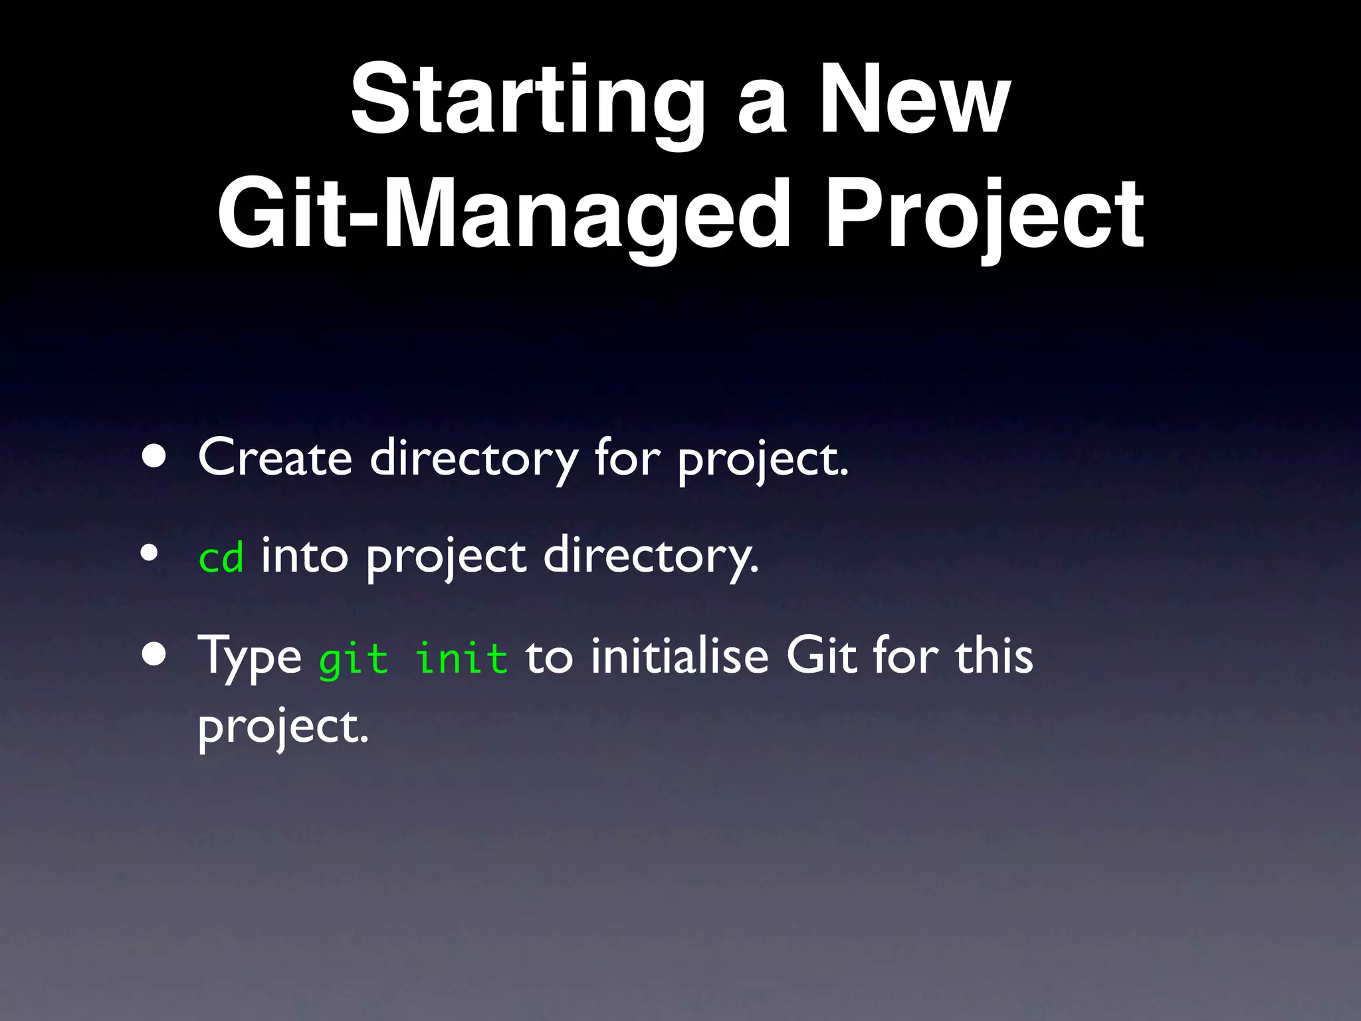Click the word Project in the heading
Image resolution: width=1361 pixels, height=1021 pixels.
[984, 214]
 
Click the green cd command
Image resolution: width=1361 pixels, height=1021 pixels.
[221, 557]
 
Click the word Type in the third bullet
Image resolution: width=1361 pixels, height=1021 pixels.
[250, 657]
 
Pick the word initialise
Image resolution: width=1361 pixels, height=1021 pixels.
[679, 657]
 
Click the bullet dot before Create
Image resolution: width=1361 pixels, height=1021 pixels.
[154, 457]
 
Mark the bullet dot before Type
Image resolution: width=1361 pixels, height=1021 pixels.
[154, 655]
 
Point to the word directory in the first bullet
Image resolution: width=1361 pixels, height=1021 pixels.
[473, 459]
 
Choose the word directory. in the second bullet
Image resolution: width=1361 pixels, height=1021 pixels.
[650, 557]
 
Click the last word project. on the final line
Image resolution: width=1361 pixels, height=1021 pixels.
[282, 727]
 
